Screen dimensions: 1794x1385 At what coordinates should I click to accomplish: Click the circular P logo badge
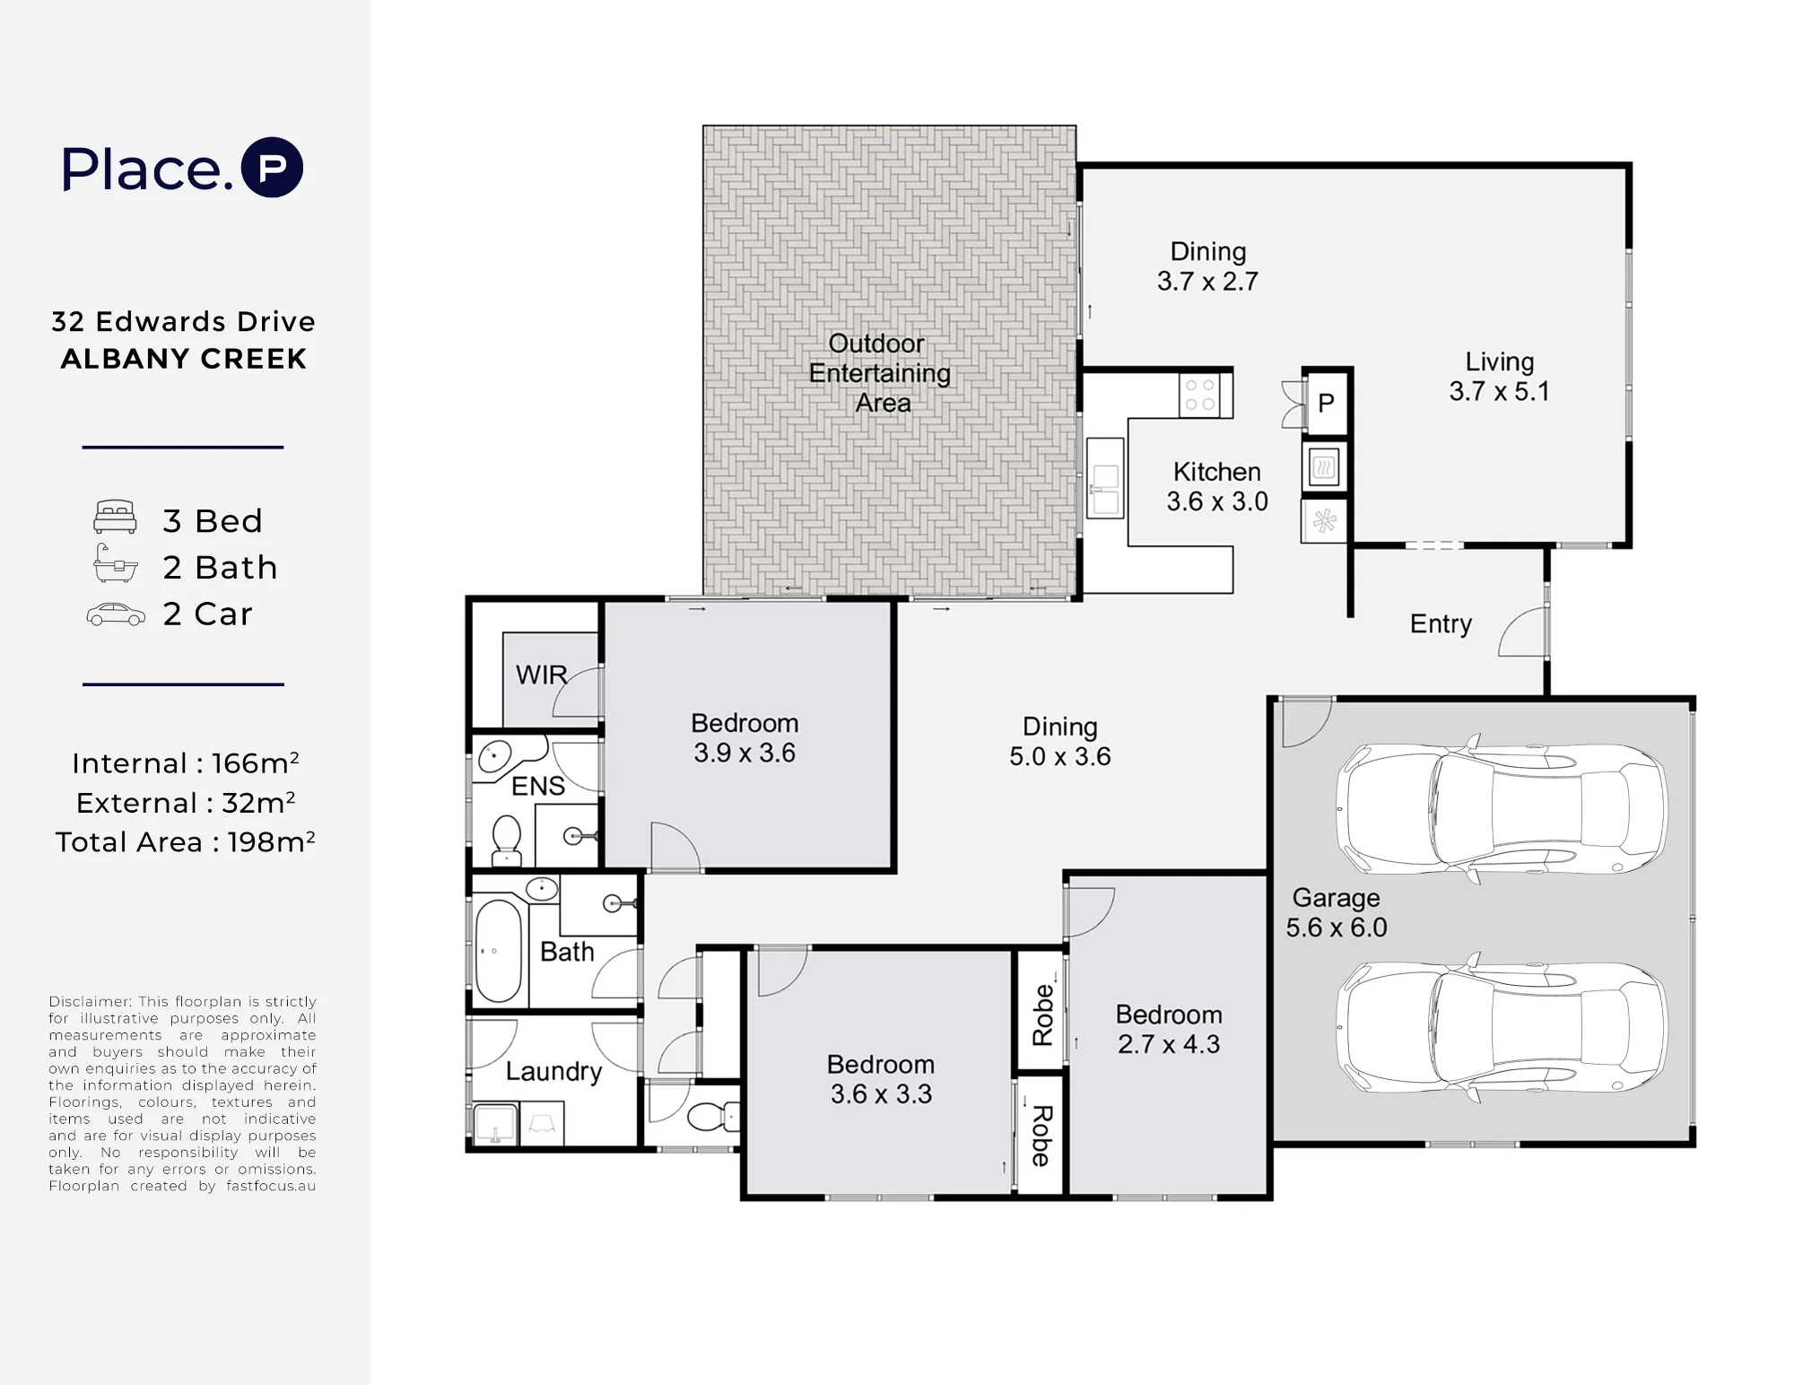pyautogui.click(x=274, y=167)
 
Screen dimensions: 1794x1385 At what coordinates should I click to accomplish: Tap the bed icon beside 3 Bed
pyautogui.click(x=116, y=517)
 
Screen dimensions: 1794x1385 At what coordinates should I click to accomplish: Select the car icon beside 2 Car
pyautogui.click(x=116, y=614)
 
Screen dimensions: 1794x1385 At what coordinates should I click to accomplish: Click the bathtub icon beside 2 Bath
pyautogui.click(x=116, y=563)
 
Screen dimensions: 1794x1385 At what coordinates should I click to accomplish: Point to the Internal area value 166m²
pyautogui.click(x=256, y=762)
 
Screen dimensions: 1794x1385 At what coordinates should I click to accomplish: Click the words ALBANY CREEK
pyautogui.click(x=184, y=359)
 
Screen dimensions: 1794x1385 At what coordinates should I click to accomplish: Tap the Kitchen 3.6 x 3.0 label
pyautogui.click(x=1217, y=486)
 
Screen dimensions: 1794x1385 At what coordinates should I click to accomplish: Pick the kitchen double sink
pyautogui.click(x=1105, y=478)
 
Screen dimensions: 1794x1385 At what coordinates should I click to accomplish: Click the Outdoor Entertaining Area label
pyautogui.click(x=880, y=373)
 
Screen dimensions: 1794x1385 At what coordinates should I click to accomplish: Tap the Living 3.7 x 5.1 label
pyautogui.click(x=1500, y=377)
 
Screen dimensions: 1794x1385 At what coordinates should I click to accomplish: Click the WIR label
pyautogui.click(x=541, y=675)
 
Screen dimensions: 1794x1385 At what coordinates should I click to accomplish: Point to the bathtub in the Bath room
pyautogui.click(x=498, y=951)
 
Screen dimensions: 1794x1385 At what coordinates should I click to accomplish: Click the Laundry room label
pyautogui.click(x=553, y=1071)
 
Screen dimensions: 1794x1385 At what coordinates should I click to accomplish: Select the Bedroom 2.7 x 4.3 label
pyautogui.click(x=1169, y=1029)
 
